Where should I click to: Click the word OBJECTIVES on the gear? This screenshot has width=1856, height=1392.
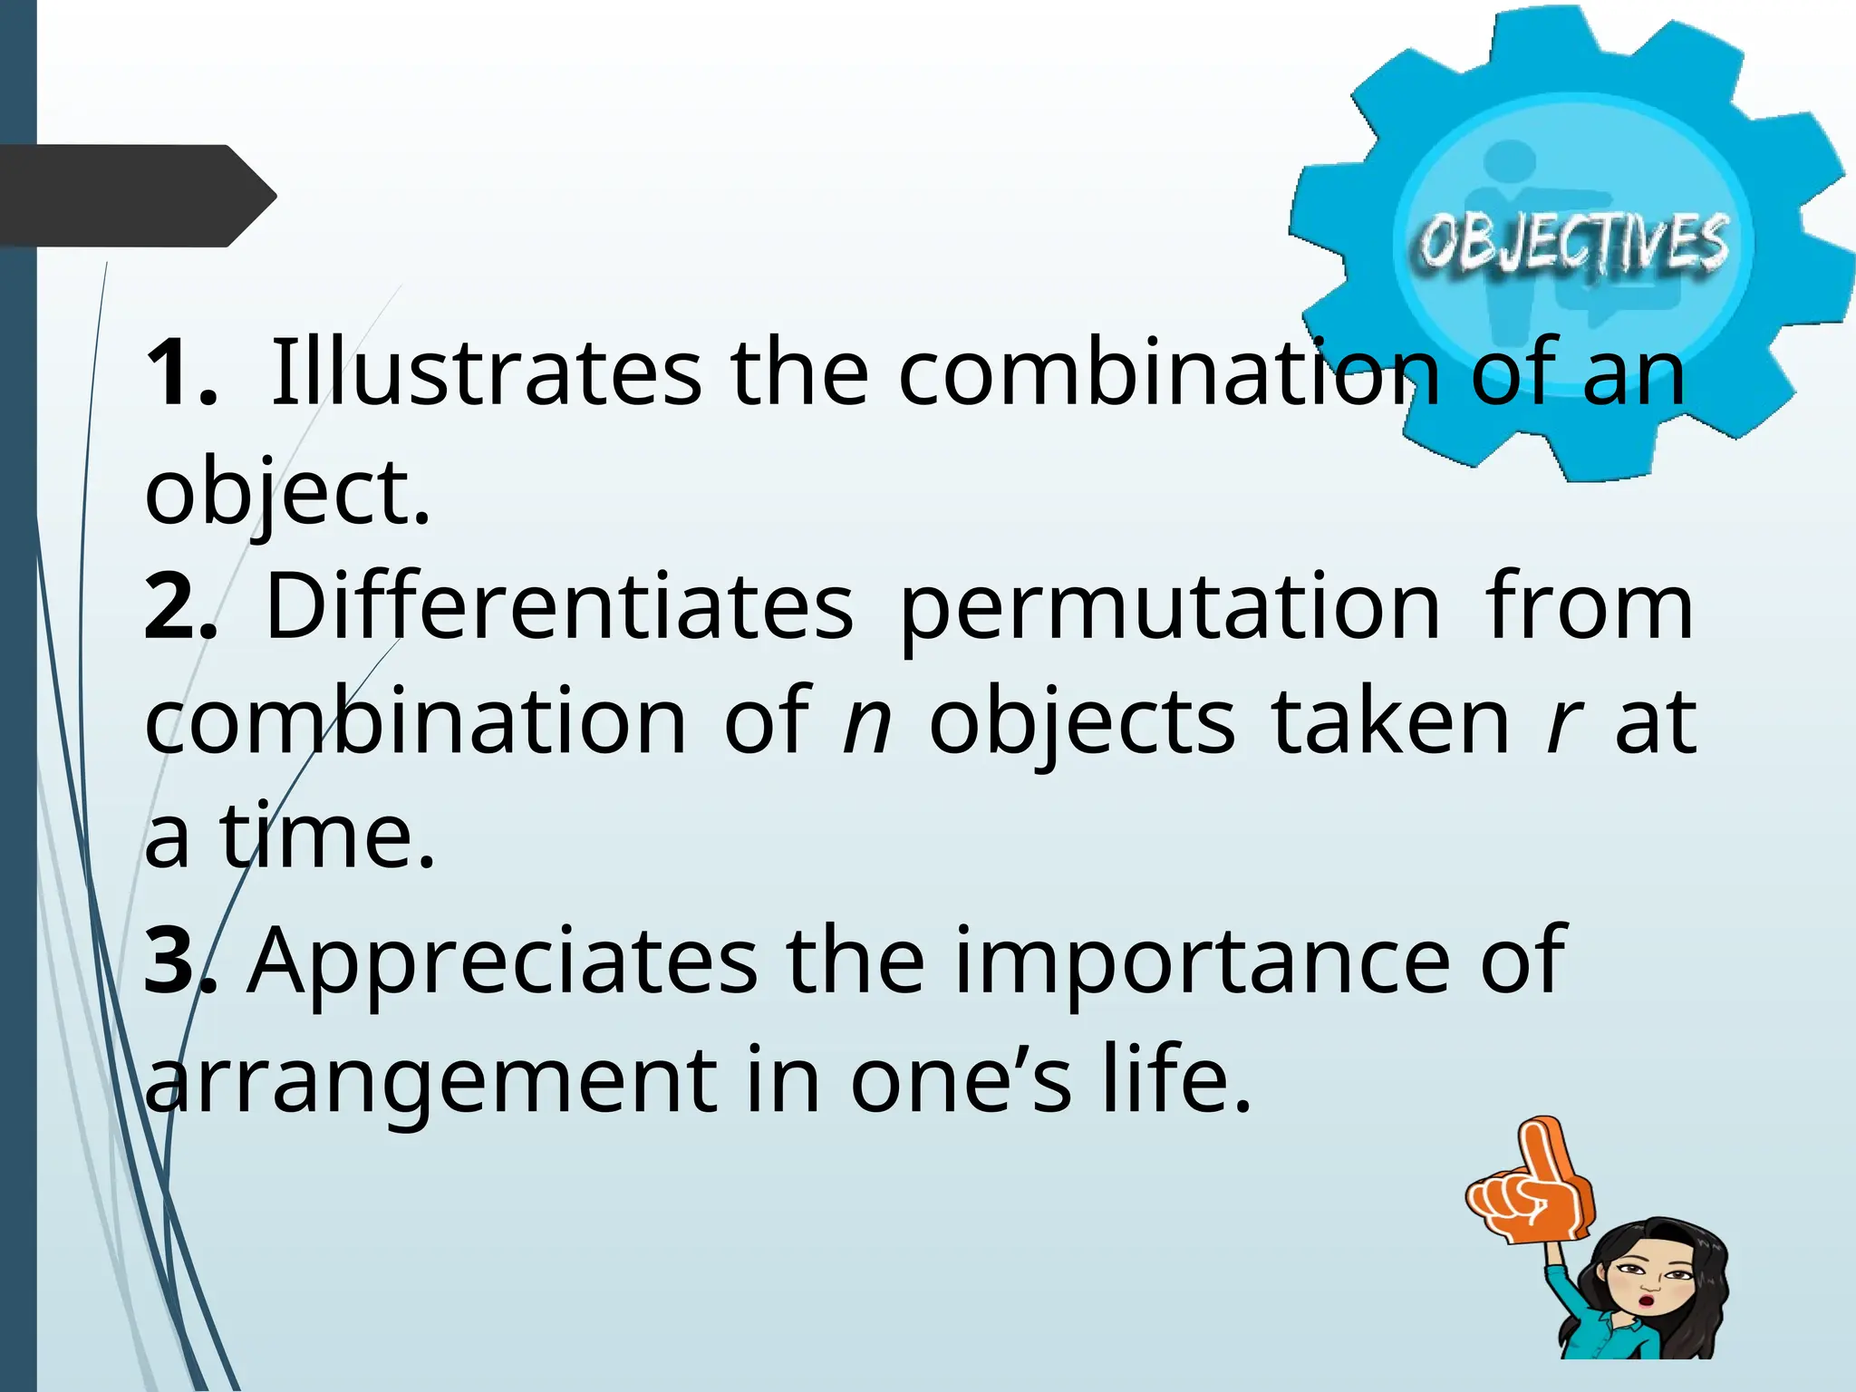pyautogui.click(x=1573, y=243)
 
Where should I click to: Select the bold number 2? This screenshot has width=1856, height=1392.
pyautogui.click(x=179, y=605)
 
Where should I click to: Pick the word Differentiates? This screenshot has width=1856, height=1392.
pyautogui.click(x=559, y=605)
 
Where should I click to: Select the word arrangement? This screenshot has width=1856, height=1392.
pyautogui.click(x=431, y=1084)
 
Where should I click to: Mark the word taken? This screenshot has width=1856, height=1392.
pyautogui.click(x=1390, y=720)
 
